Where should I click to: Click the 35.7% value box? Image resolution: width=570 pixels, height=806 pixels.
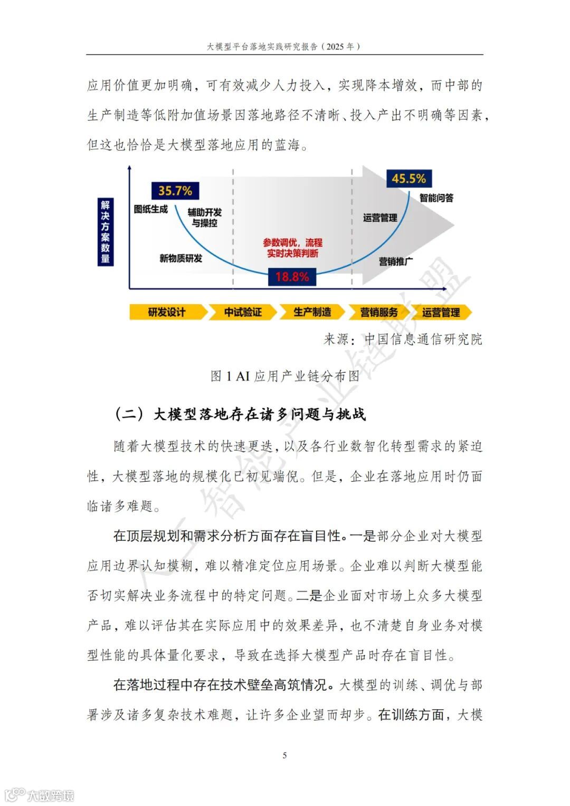tap(175, 191)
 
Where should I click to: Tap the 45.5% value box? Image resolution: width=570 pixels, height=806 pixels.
tap(408, 179)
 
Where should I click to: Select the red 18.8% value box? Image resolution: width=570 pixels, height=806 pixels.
tap(292, 277)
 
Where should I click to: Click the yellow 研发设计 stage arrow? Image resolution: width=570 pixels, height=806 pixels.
tap(167, 312)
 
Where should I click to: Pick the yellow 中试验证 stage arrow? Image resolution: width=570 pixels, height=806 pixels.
tap(243, 312)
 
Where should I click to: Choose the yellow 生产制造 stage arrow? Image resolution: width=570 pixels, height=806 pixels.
tap(312, 312)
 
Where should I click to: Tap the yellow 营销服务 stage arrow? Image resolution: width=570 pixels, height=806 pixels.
tap(378, 312)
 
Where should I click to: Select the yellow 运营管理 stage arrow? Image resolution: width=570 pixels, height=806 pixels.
tap(441, 312)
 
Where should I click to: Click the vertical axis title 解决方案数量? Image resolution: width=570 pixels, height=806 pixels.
tap(106, 232)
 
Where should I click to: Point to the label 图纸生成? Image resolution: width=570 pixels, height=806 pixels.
tap(150, 209)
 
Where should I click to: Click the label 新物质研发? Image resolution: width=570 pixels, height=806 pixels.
tap(181, 258)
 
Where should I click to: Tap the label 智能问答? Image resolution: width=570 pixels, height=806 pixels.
tap(436, 198)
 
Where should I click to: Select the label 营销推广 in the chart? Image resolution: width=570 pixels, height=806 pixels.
tap(396, 261)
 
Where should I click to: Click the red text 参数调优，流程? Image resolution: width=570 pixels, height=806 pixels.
tap(293, 243)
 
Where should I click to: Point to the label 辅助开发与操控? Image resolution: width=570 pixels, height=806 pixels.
tap(205, 218)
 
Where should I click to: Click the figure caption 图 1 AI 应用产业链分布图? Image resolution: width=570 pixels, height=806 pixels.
tap(285, 376)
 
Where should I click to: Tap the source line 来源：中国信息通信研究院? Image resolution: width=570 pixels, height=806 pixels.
tap(403, 339)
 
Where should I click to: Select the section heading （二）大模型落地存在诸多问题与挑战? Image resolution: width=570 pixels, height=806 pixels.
tap(240, 414)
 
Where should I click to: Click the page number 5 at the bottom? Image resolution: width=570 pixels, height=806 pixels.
tap(285, 755)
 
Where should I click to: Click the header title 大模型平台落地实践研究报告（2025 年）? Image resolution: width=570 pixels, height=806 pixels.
tap(284, 46)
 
